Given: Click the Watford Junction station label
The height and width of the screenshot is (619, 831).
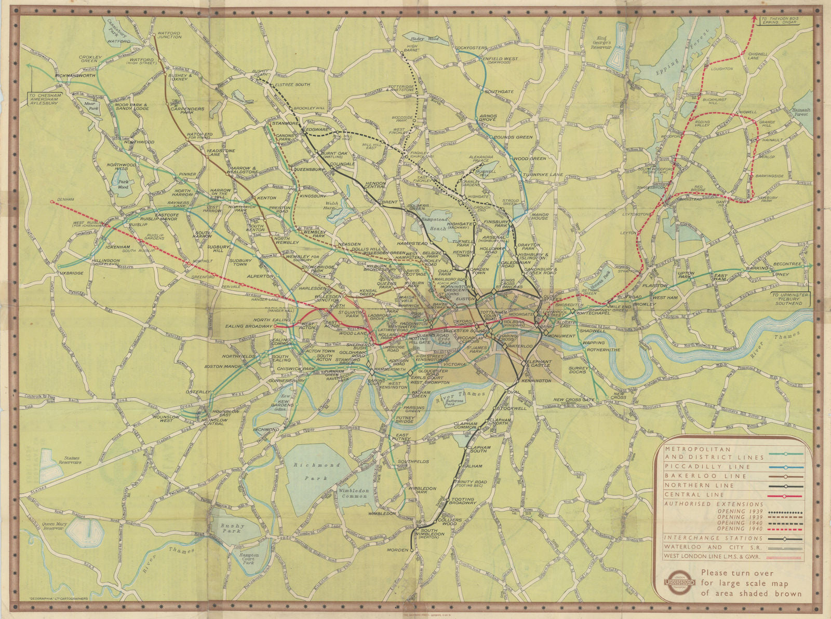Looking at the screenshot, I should coord(169,34).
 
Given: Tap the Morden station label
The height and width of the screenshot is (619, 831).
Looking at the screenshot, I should coord(397,549).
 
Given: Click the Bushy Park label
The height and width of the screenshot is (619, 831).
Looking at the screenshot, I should coord(231,529).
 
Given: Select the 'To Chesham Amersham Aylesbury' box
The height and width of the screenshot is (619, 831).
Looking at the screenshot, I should coord(46,100).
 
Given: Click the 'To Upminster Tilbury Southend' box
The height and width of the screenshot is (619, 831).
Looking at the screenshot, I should coord(790,299).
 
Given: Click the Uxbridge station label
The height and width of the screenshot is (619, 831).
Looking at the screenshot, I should coord(69,272).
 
